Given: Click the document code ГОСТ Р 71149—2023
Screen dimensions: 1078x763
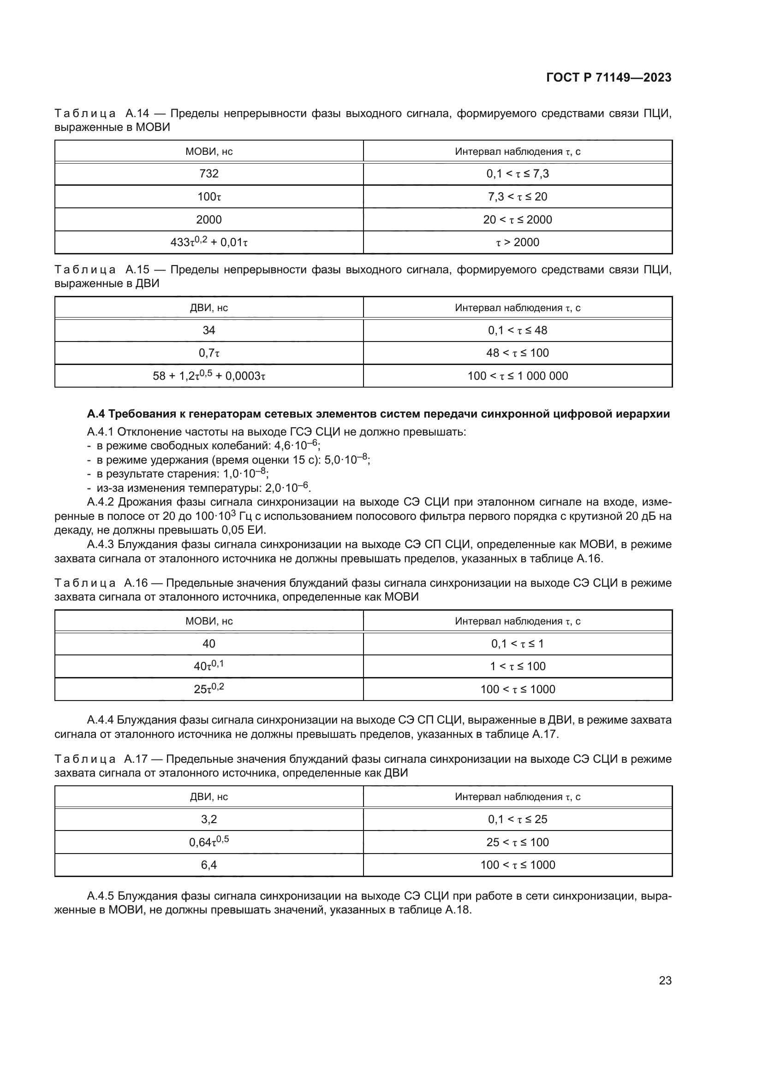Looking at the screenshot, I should click(608, 78).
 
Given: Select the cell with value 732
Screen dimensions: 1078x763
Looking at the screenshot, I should click(209, 174).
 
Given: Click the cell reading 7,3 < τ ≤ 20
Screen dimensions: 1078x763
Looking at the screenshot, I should click(517, 197).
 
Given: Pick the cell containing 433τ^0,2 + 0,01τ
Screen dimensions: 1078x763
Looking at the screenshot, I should click(209, 242).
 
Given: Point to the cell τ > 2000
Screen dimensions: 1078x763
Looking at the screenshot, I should click(517, 242).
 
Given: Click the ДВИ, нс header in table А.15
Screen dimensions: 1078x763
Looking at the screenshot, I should click(209, 308).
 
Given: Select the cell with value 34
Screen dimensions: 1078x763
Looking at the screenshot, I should click(209, 330).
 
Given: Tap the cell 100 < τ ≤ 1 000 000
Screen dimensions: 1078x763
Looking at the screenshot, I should click(517, 376).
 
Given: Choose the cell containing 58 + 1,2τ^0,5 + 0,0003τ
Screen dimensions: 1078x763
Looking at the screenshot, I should click(209, 376).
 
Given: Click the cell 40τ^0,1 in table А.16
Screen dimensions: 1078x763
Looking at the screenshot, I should click(209, 666).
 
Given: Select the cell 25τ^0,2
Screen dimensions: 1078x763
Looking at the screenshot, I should click(209, 689).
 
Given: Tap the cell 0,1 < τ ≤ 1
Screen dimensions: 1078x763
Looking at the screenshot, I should click(517, 643).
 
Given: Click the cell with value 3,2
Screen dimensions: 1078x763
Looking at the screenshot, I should click(209, 819).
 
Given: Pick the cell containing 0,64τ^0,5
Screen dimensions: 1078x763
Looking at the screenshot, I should click(209, 842).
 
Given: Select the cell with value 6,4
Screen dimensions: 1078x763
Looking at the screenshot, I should click(209, 865).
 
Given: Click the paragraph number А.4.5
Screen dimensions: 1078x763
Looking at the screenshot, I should click(100, 896).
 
